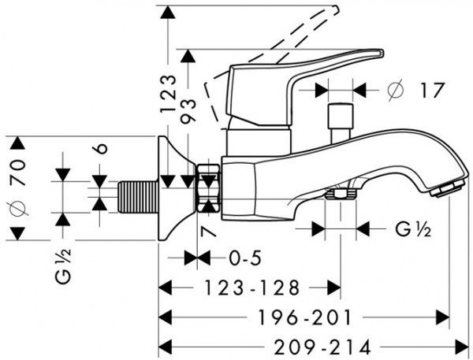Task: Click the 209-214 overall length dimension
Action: click(322, 347)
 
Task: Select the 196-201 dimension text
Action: click(304, 317)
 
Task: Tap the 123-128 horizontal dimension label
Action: click(252, 288)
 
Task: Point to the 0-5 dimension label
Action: click(244, 258)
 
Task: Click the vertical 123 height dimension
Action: click(169, 94)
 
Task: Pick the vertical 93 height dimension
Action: click(188, 110)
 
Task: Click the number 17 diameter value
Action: click(432, 90)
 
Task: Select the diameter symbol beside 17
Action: click(396, 90)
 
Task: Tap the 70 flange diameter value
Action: click(17, 173)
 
